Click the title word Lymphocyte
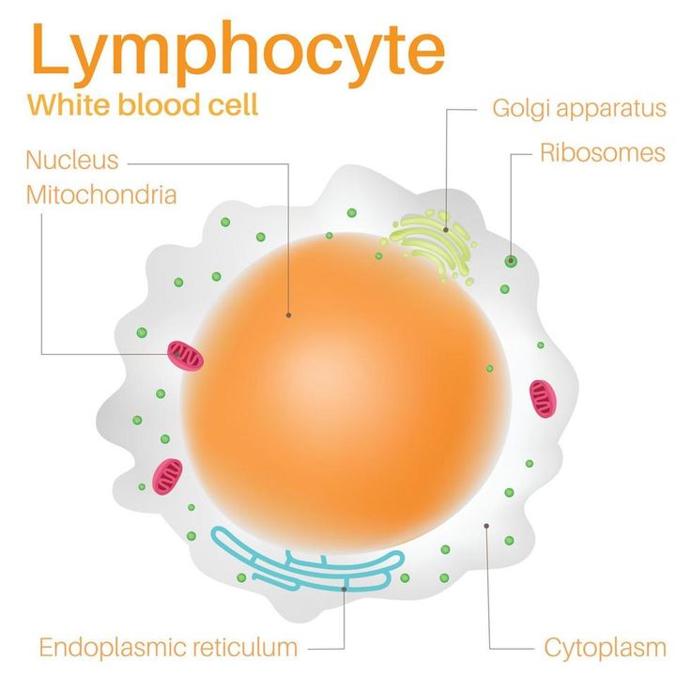(238, 51)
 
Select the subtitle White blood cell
(143, 103)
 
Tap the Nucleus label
(72, 160)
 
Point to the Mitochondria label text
(101, 195)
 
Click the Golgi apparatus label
(578, 108)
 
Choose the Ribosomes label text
(602, 152)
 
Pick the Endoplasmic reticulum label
(168, 647)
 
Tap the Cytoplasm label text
(606, 647)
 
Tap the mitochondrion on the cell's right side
(543, 398)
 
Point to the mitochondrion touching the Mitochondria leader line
(185, 355)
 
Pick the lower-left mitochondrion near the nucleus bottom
(167, 476)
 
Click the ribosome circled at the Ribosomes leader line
(510, 261)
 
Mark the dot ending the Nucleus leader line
(288, 315)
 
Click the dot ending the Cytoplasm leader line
(486, 526)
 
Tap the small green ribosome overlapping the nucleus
(489, 368)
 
